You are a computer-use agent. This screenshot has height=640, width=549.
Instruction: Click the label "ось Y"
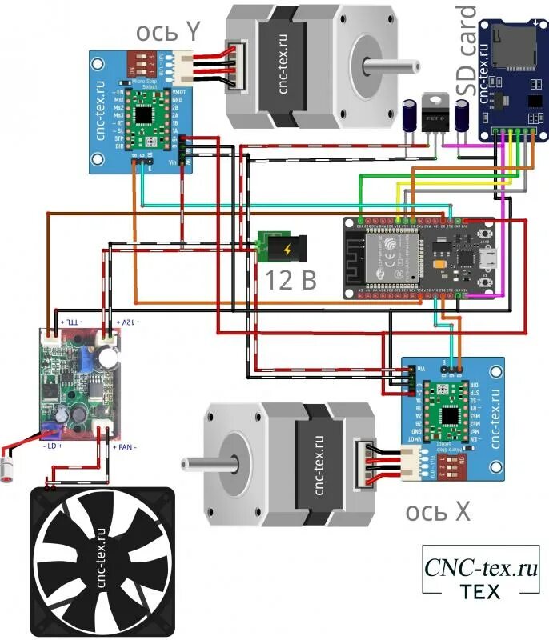coord(168,31)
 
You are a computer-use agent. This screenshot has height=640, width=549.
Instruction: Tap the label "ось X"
coord(439,511)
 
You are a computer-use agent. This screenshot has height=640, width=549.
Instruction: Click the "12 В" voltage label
coord(291,280)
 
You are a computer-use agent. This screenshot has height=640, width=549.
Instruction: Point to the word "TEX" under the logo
coord(480,592)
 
